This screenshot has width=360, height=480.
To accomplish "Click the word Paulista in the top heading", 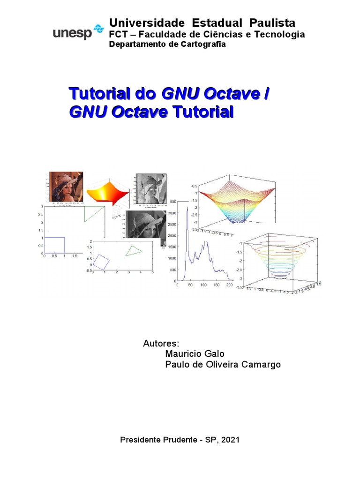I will (272, 23).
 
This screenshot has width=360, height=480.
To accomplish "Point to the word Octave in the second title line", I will (144, 112).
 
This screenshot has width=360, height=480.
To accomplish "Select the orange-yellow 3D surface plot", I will (109, 191).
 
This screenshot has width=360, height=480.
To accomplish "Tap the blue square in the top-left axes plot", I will (54, 245).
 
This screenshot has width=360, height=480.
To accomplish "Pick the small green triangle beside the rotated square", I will (134, 251).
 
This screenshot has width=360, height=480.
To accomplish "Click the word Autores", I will (161, 343).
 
